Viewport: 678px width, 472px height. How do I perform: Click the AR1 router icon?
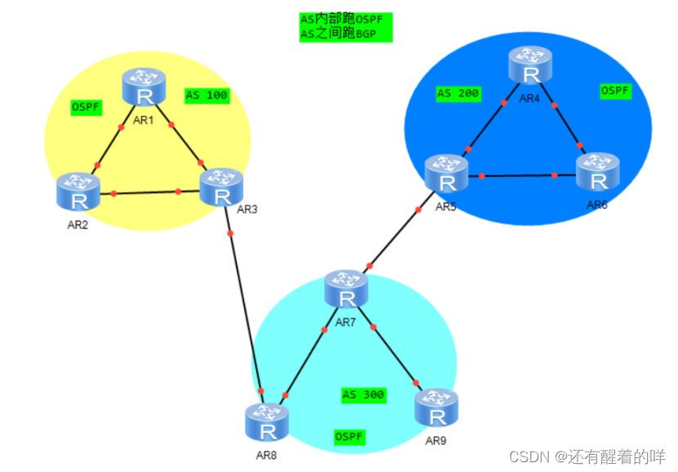pyautogui.click(x=145, y=89)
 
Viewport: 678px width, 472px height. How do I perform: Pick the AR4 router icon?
pyautogui.click(x=532, y=67)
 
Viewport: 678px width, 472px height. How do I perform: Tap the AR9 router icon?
pyautogui.click(x=436, y=409)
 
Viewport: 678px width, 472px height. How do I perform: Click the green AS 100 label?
pyautogui.click(x=207, y=96)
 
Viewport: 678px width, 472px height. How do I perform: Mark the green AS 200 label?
pyautogui.click(x=458, y=94)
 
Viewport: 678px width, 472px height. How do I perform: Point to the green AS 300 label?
pyautogui.click(x=364, y=395)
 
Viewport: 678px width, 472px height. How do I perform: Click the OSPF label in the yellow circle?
pyautogui.click(x=87, y=107)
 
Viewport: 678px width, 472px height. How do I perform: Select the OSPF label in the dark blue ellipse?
pyautogui.click(x=615, y=91)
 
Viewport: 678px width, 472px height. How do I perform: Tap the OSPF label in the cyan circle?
pyautogui.click(x=350, y=437)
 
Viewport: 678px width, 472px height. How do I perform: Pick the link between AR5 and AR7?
pyautogui.click(x=395, y=237)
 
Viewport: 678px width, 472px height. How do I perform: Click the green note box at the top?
pyautogui.click(x=346, y=26)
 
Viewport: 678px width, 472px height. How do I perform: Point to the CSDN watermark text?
pyautogui.click(x=587, y=456)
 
